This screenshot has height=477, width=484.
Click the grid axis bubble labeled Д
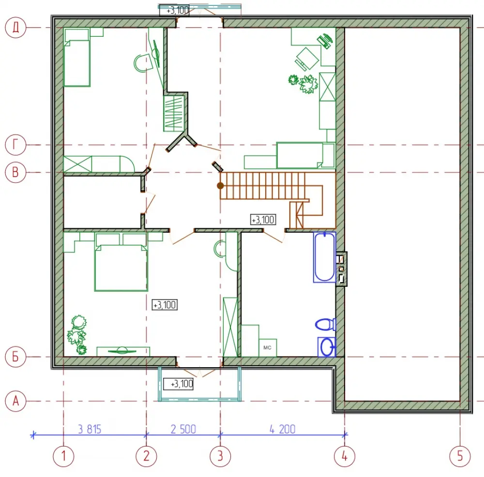[15, 28]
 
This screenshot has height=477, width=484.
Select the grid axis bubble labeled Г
[15, 145]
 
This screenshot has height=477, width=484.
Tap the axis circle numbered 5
[460, 456]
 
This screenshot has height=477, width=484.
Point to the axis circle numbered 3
[220, 456]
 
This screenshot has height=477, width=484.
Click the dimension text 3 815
[90, 429]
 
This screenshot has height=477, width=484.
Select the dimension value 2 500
[183, 429]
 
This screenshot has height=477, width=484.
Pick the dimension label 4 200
[283, 429]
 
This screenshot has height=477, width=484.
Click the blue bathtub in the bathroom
[324, 257]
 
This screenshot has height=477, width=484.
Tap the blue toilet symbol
[325, 325]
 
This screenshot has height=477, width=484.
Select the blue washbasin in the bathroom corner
[327, 347]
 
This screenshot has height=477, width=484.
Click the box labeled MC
[267, 348]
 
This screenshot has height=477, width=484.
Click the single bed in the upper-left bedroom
[76, 58]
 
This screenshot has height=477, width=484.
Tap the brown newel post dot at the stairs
[220, 186]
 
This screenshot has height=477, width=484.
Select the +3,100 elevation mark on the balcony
[179, 384]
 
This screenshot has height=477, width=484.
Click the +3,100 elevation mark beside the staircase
[263, 220]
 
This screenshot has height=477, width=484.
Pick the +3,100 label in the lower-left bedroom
[165, 305]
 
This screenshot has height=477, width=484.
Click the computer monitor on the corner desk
[325, 41]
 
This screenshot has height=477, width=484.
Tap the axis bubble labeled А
[15, 401]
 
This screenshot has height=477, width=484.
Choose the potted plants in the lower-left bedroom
[77, 334]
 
